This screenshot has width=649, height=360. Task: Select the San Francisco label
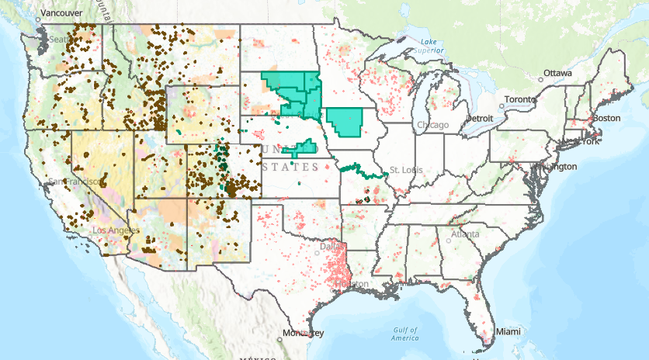coord(73,181)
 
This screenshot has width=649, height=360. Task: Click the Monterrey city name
coord(304,333)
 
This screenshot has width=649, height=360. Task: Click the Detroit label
coord(479,118)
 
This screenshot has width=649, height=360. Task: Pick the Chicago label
coord(432,125)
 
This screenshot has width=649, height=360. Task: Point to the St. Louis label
coord(404,169)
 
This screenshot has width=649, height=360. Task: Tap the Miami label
coord(508,331)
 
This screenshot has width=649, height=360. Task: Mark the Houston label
coord(352,284)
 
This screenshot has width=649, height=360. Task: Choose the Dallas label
coord(324,248)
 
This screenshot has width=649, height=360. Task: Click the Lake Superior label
coord(426,46)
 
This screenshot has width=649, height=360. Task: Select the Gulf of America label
coord(405,334)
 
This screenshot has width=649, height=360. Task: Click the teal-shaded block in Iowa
coord(345,122)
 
